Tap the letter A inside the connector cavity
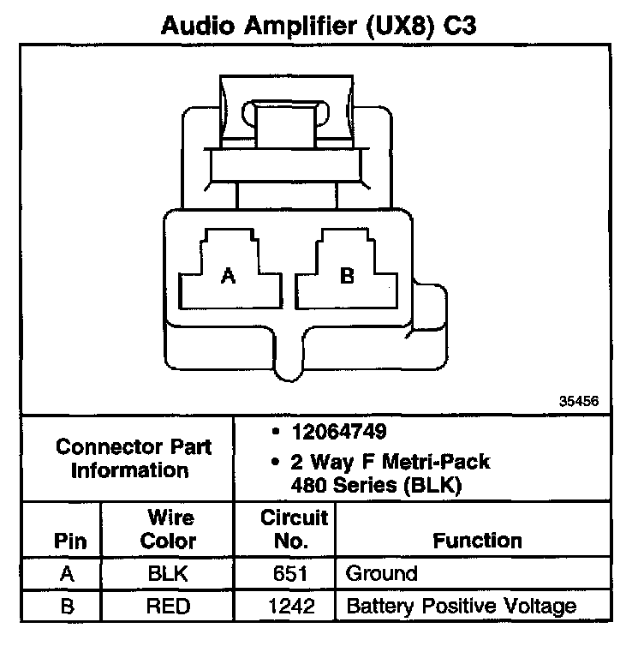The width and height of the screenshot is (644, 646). click(228, 275)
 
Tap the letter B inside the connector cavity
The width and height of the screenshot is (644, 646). click(347, 275)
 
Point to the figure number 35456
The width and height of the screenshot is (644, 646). click(579, 400)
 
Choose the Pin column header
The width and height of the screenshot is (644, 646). click(65, 541)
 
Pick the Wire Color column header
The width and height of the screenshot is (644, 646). click(168, 529)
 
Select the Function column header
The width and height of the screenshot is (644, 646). click(477, 541)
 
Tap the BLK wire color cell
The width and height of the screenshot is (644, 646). click(168, 573)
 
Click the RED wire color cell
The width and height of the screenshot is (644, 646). click(168, 607)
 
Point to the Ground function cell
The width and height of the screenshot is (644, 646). click(381, 573)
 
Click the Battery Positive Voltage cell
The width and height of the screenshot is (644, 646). click(461, 607)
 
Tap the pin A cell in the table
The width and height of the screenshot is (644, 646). click(65, 574)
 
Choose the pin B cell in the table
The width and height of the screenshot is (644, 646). click(65, 607)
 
